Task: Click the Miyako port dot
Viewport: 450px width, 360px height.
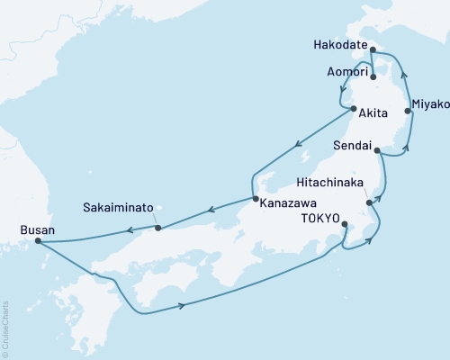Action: click(x=408, y=112)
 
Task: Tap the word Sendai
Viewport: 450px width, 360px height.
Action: click(x=353, y=144)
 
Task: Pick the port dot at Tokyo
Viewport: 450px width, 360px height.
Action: click(x=345, y=222)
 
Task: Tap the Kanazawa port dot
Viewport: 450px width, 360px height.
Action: click(x=255, y=199)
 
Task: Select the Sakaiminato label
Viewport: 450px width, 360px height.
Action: click(x=115, y=207)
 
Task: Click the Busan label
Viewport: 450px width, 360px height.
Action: click(x=36, y=229)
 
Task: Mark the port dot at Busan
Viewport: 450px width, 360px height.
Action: click(x=37, y=240)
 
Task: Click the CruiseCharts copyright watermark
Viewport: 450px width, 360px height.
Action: click(x=5, y=328)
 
